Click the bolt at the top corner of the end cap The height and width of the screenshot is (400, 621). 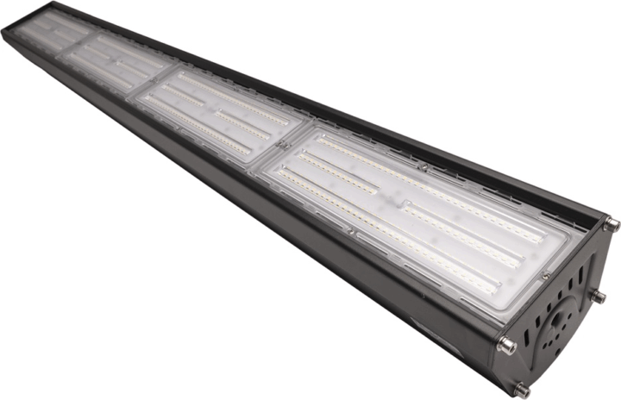coord(611,226)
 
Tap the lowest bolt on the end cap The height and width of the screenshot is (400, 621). coord(522,391)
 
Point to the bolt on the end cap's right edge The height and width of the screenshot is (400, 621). coord(597,297)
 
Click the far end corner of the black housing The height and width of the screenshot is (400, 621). coord(7,31)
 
